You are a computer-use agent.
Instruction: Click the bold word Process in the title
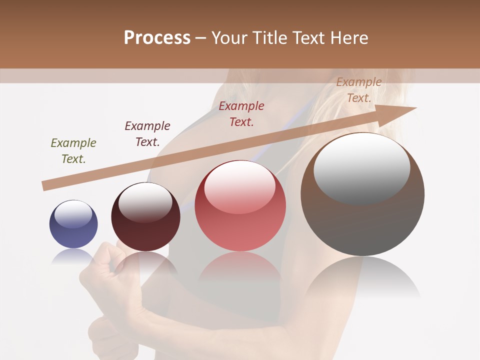157,38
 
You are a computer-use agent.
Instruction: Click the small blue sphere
73,224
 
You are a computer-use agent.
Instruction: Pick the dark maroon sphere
145,217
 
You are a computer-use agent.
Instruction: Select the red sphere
240,206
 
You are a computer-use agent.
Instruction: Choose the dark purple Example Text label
147,134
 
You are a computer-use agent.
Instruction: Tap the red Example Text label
241,114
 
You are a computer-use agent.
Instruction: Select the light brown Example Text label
358,90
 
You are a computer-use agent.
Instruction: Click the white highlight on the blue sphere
73,214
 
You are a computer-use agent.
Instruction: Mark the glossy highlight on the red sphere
239,187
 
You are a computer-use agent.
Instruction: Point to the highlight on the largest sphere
361,168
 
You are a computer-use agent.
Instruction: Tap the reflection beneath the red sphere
240,267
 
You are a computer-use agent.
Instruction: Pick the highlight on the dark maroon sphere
145,201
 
